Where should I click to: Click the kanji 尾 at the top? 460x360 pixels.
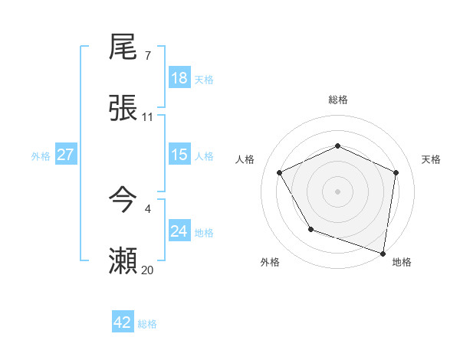pos(123,48)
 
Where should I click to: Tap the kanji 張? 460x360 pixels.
pos(123,109)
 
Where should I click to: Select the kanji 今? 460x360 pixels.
pos(123,201)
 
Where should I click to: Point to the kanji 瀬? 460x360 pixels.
pos(123,261)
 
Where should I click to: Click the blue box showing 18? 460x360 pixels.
pos(179,78)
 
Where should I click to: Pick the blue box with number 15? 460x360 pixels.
pos(179,155)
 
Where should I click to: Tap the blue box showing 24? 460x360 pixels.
pos(179,231)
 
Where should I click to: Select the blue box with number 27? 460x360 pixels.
pos(66,155)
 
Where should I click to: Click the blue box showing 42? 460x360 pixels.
pos(123,322)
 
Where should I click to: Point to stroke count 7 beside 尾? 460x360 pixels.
pos(148,56)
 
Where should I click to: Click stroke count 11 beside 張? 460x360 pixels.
pos(148,117)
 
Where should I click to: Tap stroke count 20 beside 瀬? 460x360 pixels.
pos(148,270)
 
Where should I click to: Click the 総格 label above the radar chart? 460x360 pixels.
pos(337,100)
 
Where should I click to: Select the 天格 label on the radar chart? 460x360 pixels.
pos(431,159)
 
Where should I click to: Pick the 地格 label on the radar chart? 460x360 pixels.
pos(402,262)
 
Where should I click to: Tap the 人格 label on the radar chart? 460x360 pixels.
pos(245,159)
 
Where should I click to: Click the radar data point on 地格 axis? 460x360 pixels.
pos(383,253)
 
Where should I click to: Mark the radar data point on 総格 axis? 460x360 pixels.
pos(337,146)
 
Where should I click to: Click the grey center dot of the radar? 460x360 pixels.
pos(337,191)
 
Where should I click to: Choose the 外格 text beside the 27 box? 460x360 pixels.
pos(41,155)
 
